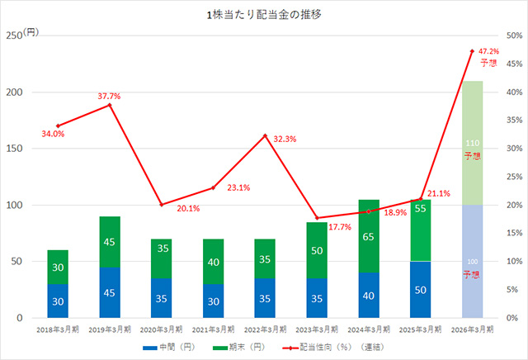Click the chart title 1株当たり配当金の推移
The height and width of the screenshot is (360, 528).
(x=264, y=15)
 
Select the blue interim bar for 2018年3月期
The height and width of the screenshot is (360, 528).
(x=58, y=301)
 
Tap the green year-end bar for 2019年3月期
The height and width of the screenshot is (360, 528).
(x=110, y=242)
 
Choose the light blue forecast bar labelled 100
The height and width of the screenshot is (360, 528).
(x=473, y=262)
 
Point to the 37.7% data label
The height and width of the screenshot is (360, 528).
(x=109, y=97)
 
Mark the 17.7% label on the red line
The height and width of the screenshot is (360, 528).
(x=339, y=227)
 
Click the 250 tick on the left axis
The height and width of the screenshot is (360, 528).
(x=14, y=36)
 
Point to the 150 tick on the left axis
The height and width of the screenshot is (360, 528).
(x=14, y=149)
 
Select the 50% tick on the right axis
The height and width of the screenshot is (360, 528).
(x=513, y=36)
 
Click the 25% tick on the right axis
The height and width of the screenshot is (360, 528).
(x=513, y=177)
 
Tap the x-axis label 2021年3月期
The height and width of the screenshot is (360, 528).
(x=213, y=329)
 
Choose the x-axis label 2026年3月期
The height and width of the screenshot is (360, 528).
(x=473, y=329)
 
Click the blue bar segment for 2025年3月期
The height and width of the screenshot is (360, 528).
(x=421, y=290)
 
